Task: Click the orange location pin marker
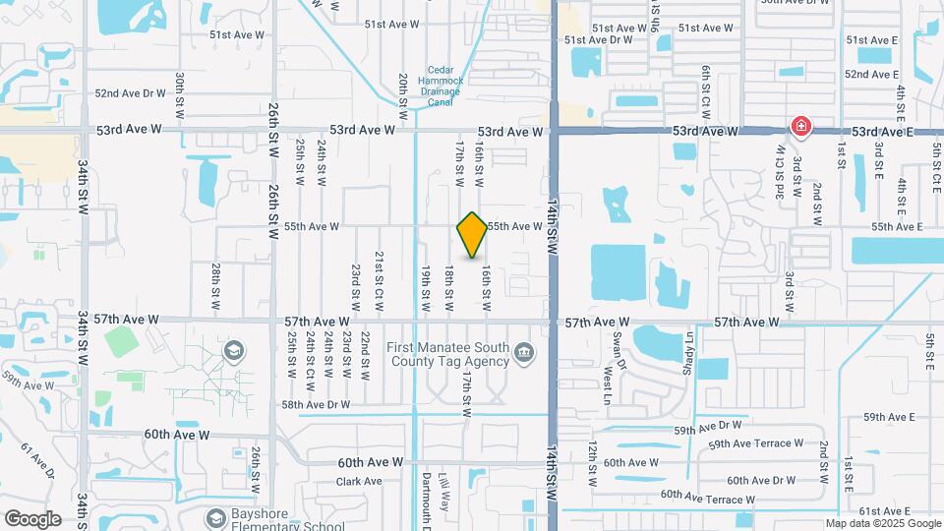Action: (472, 234)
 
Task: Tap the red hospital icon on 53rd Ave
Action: (801, 126)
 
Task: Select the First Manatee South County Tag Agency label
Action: (447, 354)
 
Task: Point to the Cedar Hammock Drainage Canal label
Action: (441, 86)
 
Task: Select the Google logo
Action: (32, 518)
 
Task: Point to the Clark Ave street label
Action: (358, 482)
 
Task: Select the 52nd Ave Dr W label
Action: (131, 93)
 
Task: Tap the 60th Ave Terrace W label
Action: (708, 500)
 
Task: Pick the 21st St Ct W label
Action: (379, 281)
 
